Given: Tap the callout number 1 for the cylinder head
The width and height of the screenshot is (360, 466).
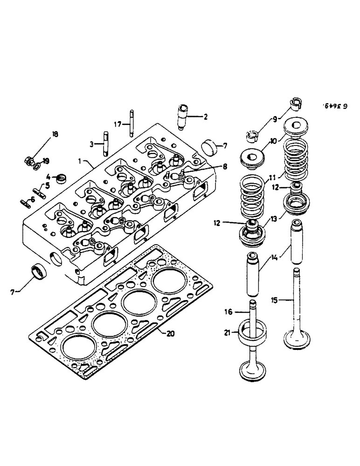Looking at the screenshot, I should [80, 160].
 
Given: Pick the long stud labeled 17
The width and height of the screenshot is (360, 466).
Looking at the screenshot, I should [132, 122].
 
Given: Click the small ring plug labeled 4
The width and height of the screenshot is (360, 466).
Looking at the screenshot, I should [60, 178].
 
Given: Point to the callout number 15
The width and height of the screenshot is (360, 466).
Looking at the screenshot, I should [275, 301].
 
